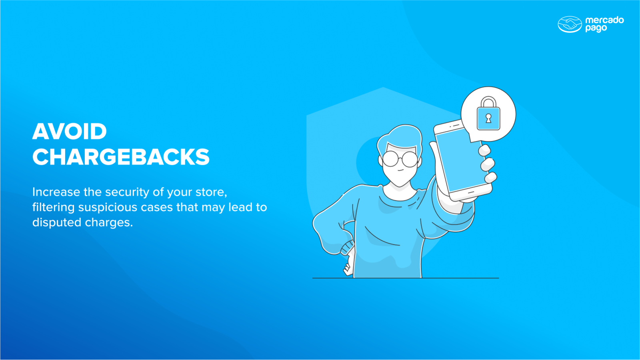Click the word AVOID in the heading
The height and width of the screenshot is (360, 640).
[x=70, y=132]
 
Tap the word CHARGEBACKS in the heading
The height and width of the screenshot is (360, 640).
[x=121, y=157]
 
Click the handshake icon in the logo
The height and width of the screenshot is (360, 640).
[x=570, y=24]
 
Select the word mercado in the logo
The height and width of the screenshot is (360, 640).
[x=604, y=20]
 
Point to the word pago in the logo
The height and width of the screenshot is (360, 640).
[x=596, y=28]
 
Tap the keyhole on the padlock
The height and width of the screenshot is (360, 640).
[x=488, y=118]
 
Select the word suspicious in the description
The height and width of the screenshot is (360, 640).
[x=108, y=208]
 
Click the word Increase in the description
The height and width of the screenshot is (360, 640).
[x=56, y=192]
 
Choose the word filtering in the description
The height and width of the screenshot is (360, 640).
[x=53, y=208]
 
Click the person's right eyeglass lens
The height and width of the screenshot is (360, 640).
[x=410, y=159]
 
